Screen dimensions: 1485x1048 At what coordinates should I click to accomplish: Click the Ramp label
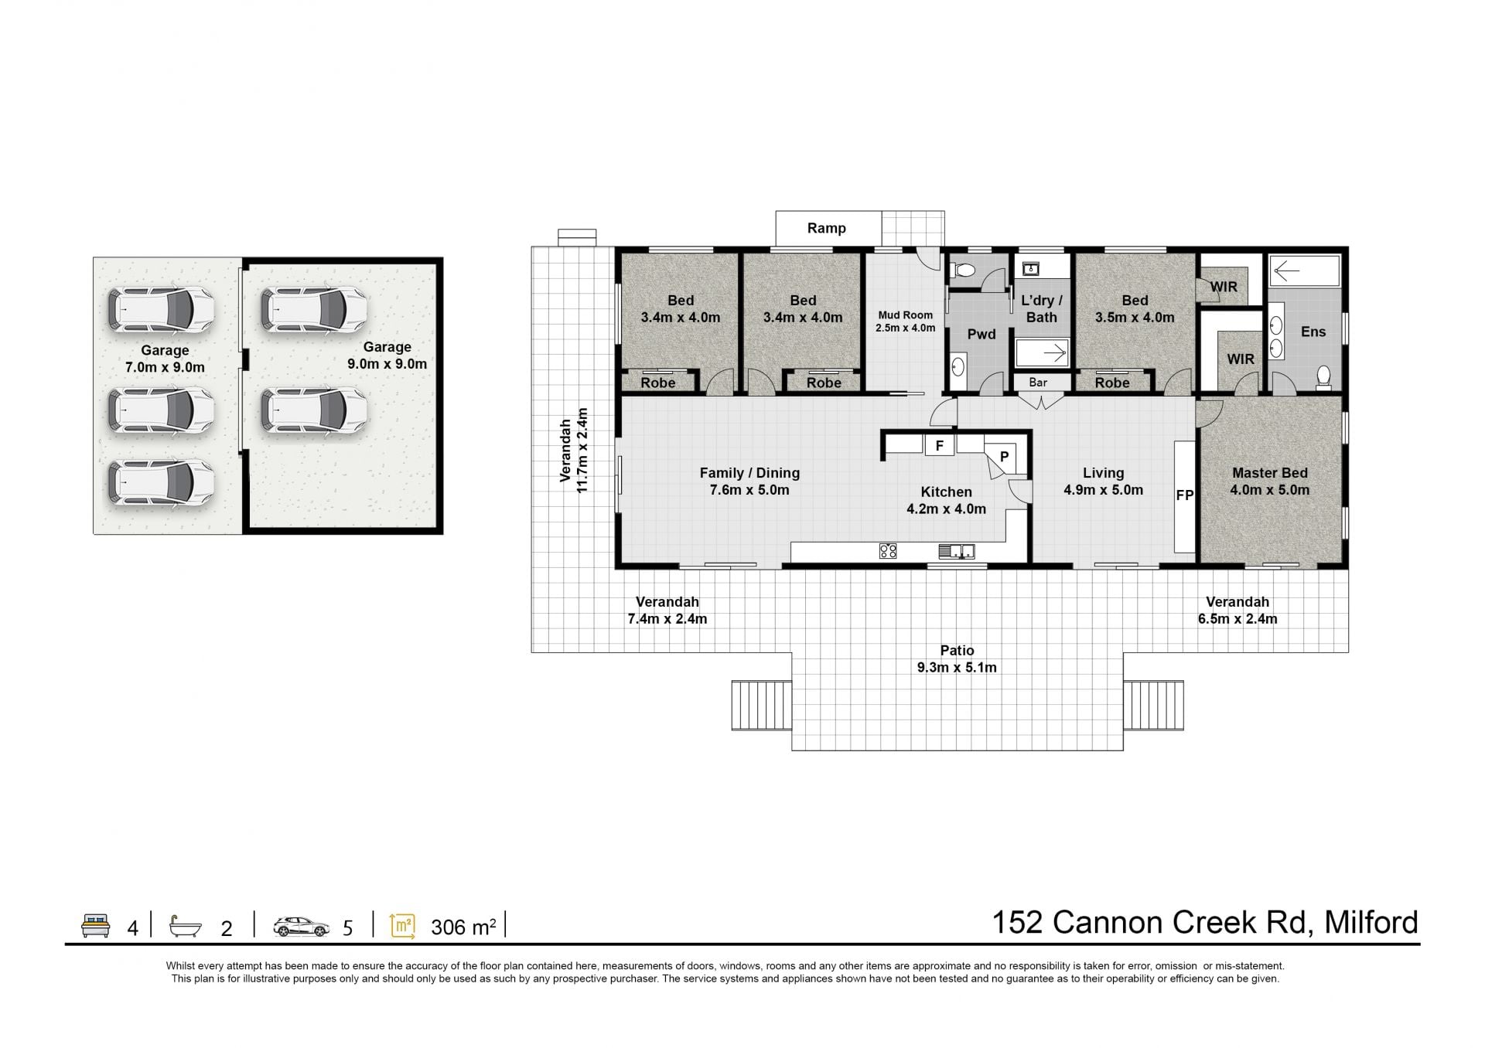click(x=826, y=228)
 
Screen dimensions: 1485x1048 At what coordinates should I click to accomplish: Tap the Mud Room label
click(x=905, y=315)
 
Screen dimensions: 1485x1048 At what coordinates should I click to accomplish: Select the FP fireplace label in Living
click(x=1184, y=495)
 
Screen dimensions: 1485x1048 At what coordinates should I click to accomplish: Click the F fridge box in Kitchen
click(x=940, y=446)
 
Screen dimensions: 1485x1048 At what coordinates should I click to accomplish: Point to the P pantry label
click(x=1004, y=457)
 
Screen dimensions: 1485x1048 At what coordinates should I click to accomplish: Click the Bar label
click(x=1038, y=382)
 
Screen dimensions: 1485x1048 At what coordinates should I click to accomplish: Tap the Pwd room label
click(x=981, y=335)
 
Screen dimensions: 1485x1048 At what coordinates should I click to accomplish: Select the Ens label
click(x=1313, y=332)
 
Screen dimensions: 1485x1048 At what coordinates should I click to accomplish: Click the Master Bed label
click(x=1270, y=473)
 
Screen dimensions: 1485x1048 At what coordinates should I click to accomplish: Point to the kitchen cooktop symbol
click(x=888, y=551)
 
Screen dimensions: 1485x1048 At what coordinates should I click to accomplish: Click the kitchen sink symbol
click(x=957, y=551)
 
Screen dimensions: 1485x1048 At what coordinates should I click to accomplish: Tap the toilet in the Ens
click(x=1323, y=376)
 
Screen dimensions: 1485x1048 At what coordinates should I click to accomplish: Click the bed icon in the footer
click(x=96, y=925)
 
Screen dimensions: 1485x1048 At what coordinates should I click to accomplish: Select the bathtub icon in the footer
click(x=186, y=926)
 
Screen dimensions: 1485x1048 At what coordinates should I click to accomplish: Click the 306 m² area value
click(x=463, y=926)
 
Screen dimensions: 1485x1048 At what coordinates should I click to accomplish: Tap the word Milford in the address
click(x=1371, y=922)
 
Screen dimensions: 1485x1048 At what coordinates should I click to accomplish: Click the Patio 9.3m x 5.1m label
click(x=957, y=658)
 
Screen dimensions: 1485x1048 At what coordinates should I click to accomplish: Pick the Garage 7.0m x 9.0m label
click(x=165, y=359)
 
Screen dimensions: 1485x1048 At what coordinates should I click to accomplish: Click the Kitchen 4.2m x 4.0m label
click(x=946, y=500)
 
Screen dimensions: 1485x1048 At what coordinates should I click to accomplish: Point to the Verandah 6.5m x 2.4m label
click(x=1237, y=610)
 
